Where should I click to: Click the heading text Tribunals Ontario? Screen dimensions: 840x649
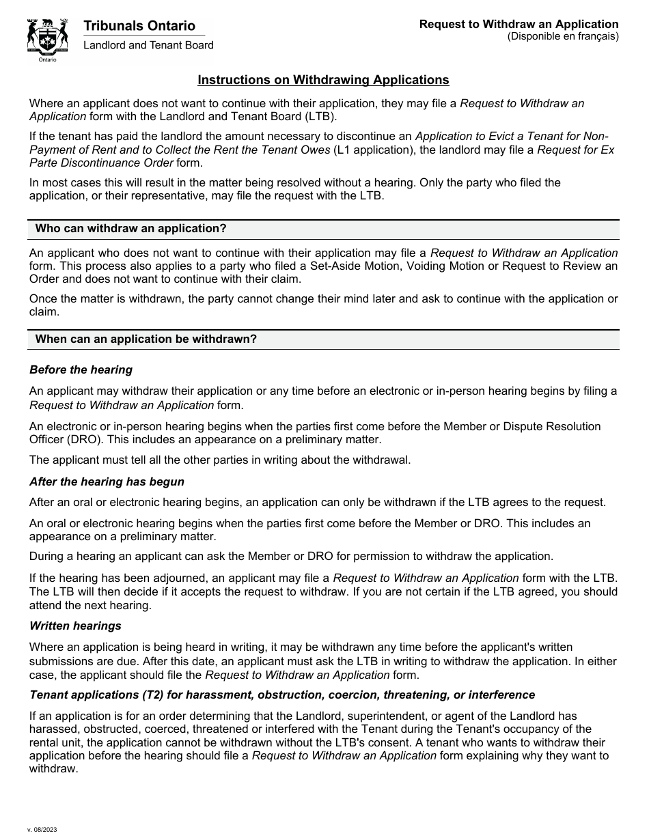(x=139, y=26)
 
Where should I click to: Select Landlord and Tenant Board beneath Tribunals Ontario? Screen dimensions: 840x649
(x=148, y=45)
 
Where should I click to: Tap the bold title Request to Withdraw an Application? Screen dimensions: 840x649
(x=519, y=25)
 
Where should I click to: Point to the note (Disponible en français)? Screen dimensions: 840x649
(x=562, y=36)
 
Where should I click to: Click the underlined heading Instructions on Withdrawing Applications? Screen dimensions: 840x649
(x=323, y=80)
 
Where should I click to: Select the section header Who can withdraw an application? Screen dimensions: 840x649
(x=130, y=228)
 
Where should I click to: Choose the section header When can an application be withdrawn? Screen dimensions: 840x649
(x=146, y=339)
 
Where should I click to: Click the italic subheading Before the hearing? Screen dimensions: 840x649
(x=81, y=369)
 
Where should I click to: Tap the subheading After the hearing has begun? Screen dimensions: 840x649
(x=107, y=481)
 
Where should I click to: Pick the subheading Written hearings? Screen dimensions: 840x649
(x=75, y=626)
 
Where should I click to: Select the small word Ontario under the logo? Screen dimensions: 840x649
(x=47, y=60)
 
